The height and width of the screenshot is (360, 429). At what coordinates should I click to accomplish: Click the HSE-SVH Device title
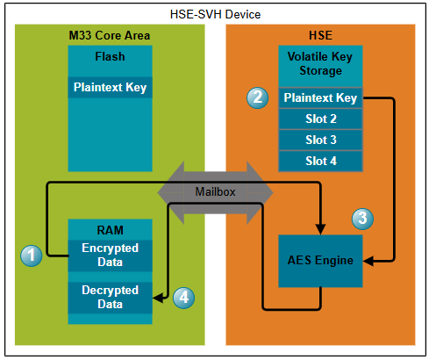(x=215, y=14)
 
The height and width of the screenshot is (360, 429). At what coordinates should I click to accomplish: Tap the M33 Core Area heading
(x=110, y=35)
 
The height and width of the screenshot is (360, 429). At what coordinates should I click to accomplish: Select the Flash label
(x=110, y=56)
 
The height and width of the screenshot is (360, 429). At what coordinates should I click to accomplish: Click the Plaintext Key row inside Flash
(x=110, y=87)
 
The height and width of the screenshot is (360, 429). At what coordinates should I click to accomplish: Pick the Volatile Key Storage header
(x=320, y=63)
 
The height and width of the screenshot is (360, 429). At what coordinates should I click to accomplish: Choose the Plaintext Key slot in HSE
(x=320, y=97)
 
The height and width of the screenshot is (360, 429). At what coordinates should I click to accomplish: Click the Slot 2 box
(x=320, y=119)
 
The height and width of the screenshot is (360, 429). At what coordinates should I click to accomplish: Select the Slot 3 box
(x=320, y=140)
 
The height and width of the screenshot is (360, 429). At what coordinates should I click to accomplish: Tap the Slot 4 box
(x=320, y=161)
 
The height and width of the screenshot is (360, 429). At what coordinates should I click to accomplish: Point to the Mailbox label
(x=215, y=192)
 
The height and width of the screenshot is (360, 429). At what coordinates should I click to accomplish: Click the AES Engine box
(x=320, y=261)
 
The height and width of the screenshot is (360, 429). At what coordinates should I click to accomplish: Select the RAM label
(x=110, y=230)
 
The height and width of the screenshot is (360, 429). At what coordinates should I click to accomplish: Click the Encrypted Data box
(x=110, y=256)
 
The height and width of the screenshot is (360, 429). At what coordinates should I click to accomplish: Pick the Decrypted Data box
(x=110, y=298)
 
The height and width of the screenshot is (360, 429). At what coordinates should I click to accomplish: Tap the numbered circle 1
(x=32, y=256)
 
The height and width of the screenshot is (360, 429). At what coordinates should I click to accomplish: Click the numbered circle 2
(x=258, y=97)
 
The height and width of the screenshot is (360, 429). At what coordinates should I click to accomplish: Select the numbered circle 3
(x=362, y=219)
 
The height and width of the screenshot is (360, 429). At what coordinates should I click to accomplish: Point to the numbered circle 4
(x=183, y=298)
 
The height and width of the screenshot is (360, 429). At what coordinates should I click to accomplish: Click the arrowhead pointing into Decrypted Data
(x=158, y=298)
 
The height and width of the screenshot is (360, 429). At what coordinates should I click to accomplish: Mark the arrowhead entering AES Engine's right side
(x=368, y=261)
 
